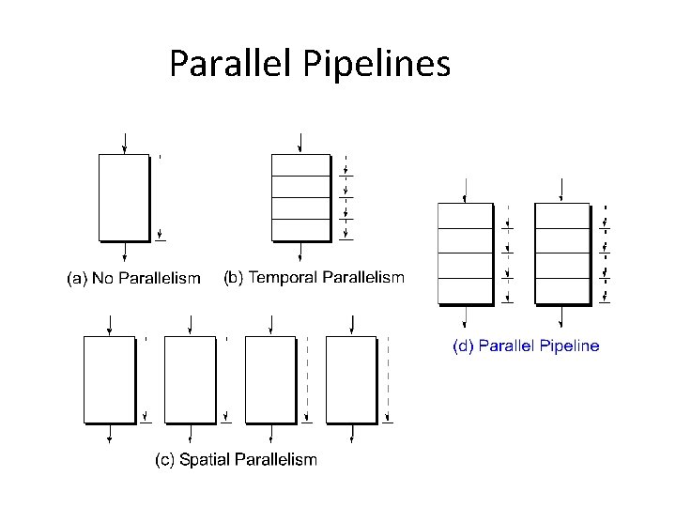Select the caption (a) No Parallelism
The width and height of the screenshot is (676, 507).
click(132, 278)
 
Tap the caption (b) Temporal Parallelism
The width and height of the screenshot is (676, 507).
click(314, 277)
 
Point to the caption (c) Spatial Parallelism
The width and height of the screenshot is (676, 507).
click(236, 459)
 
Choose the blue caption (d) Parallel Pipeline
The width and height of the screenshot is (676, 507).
click(526, 346)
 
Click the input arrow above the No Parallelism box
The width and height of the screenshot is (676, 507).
click(125, 144)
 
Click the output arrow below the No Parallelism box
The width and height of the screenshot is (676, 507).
click(125, 253)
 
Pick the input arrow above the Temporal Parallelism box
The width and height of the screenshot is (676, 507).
click(300, 143)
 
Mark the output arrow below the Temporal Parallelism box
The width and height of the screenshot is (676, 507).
click(300, 252)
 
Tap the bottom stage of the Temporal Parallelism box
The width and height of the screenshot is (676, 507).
click(300, 229)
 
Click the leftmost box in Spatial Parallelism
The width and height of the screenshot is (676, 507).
click(110, 378)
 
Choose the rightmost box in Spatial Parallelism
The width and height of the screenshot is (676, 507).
click(351, 378)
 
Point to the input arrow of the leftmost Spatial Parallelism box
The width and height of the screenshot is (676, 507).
click(111, 325)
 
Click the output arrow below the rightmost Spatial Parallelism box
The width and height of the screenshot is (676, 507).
click(352, 433)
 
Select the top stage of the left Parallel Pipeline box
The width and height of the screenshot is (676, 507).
click(465, 216)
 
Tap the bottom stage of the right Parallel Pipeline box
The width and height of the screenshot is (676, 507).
click(561, 290)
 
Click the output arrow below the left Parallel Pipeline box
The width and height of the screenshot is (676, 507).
click(465, 315)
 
